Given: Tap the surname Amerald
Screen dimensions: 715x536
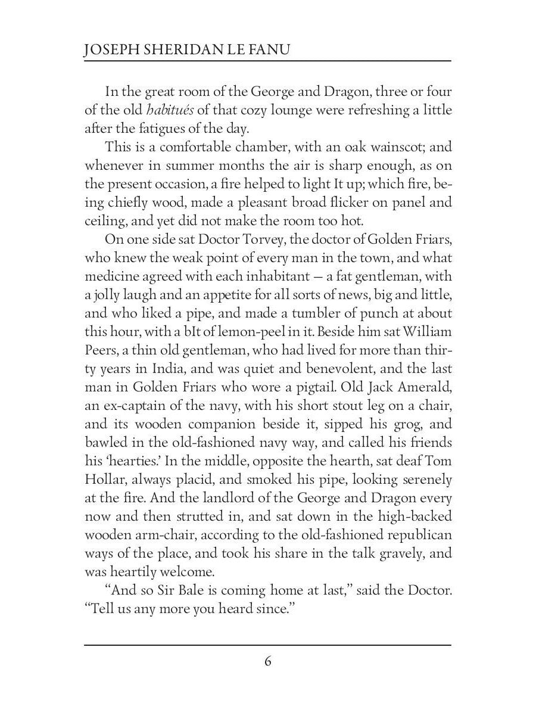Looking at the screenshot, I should [x=422, y=387].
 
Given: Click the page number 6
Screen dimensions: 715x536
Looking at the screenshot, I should [x=268, y=662].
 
